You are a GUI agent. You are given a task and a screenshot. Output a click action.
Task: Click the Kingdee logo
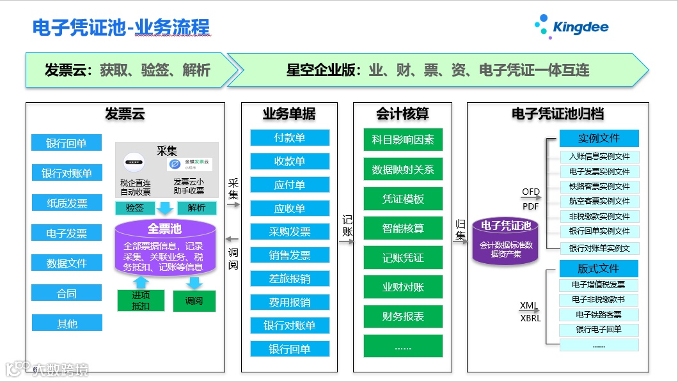(572, 26)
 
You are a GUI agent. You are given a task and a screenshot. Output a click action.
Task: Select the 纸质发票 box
(67, 203)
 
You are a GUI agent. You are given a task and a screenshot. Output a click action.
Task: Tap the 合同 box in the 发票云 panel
(67, 293)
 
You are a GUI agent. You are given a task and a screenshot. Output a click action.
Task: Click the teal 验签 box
(134, 208)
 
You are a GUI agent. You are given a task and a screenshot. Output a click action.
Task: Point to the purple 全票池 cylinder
(164, 247)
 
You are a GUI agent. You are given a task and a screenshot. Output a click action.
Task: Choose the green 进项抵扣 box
(141, 300)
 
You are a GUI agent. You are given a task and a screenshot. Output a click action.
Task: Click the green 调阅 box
(194, 300)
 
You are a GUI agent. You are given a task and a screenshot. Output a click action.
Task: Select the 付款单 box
(290, 137)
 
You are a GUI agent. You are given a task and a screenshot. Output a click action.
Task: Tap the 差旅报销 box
(290, 279)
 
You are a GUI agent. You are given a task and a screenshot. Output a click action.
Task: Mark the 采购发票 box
(290, 232)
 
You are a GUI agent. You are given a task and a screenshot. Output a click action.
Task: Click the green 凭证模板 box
(403, 199)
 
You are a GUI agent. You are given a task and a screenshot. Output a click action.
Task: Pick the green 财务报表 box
(403, 316)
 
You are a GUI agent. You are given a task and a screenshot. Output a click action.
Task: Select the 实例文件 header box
(599, 138)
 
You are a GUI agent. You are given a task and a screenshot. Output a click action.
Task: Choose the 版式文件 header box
(599, 268)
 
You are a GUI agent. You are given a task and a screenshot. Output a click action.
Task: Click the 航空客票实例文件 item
(599, 201)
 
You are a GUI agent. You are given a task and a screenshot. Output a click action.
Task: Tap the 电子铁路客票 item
(599, 314)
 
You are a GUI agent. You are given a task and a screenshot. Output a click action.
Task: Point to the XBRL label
(530, 318)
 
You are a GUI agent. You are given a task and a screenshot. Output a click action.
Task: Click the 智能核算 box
(403, 228)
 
